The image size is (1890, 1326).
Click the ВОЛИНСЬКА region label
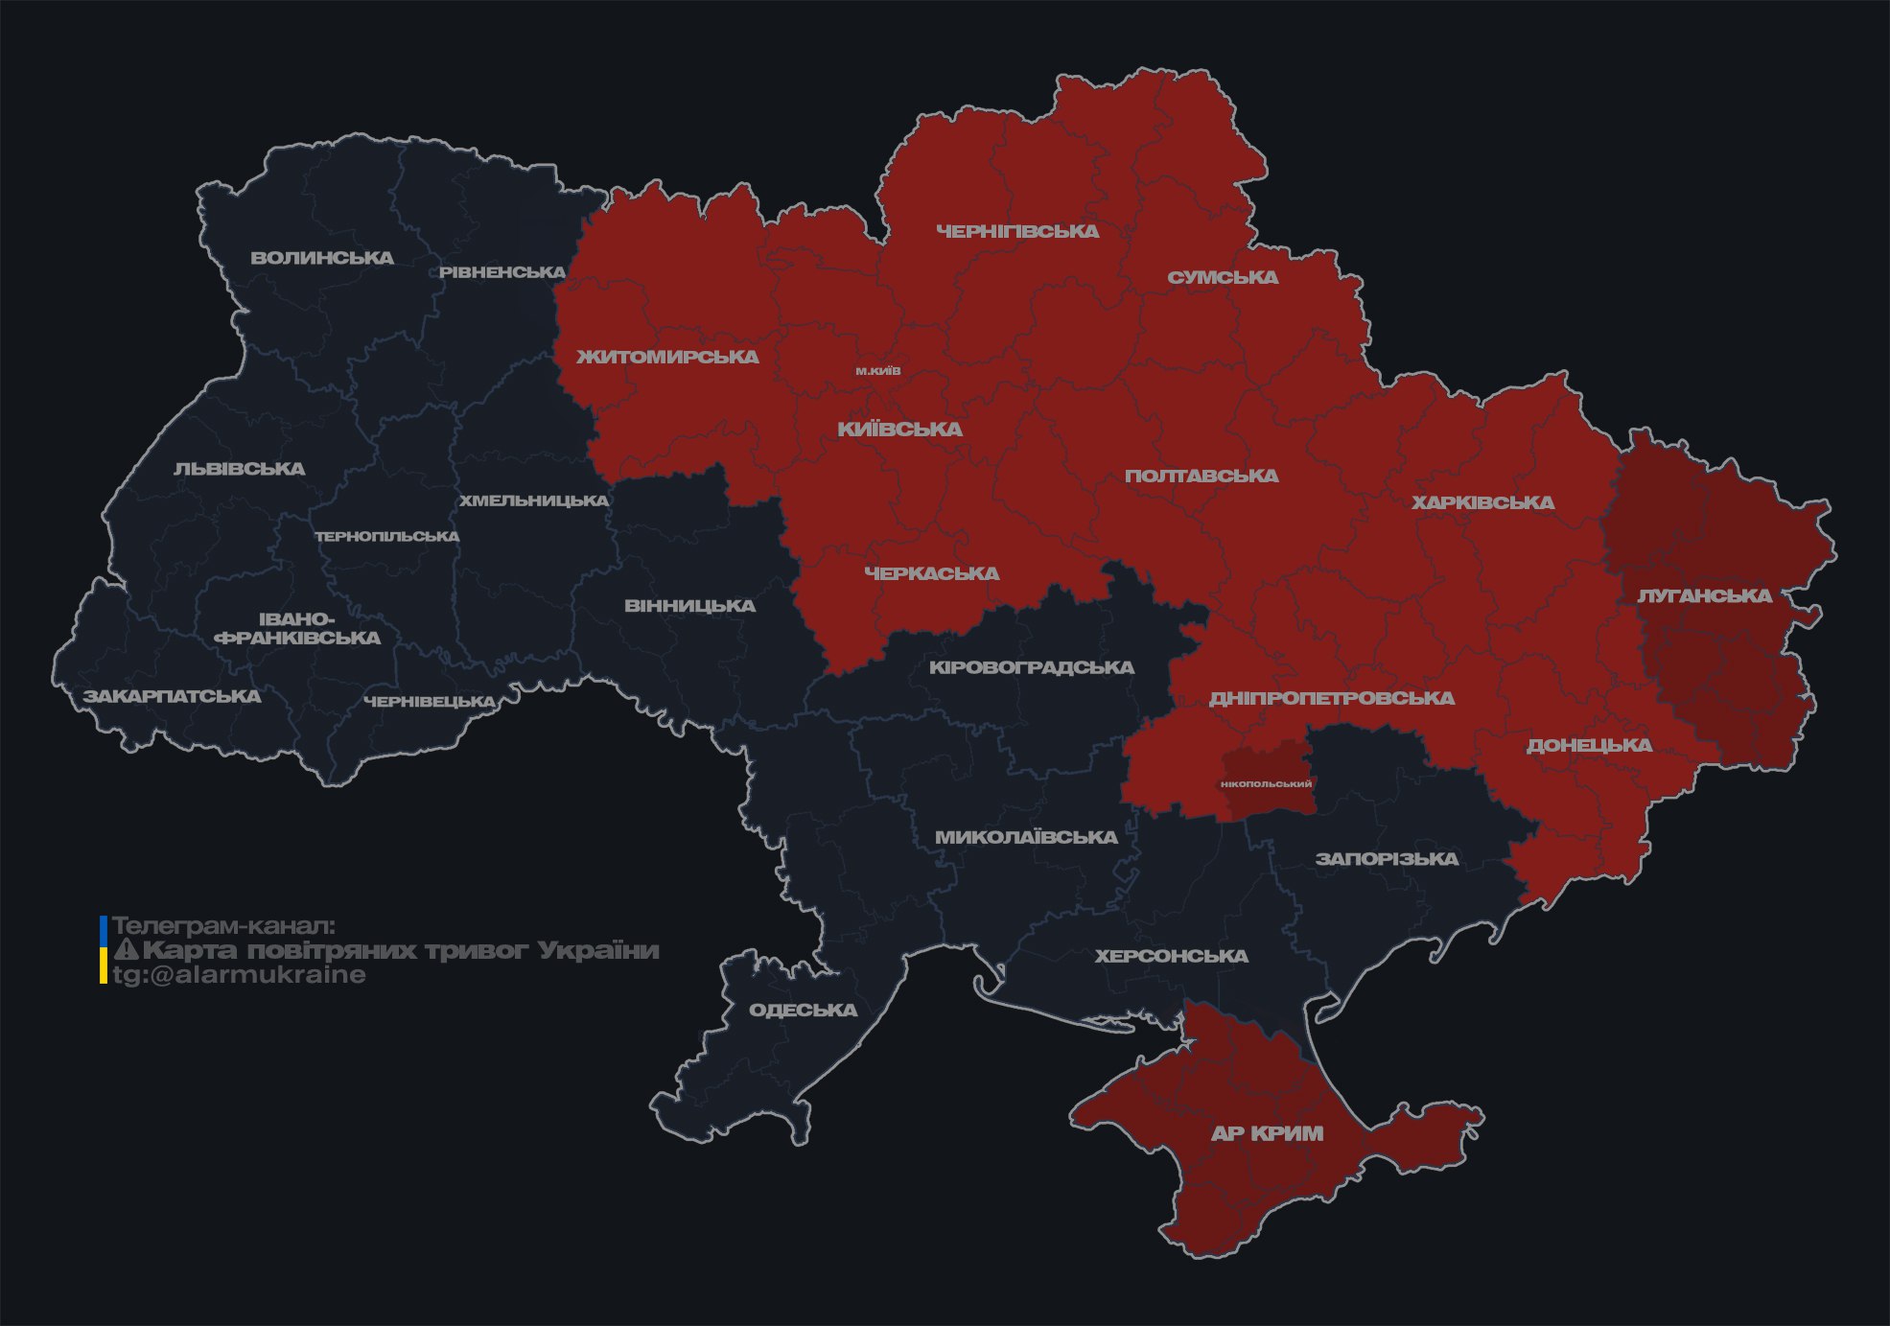[x=322, y=258]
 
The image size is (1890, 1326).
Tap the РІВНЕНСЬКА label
[x=502, y=272]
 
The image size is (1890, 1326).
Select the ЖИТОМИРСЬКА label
[x=667, y=358]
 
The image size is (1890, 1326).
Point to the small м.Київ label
[x=878, y=371]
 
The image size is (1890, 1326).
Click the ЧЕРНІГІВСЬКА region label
[x=1017, y=232]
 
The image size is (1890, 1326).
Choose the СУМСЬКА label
[x=1223, y=278]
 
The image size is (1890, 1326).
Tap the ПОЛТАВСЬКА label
[x=1202, y=477]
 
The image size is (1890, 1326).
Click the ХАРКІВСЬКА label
[x=1482, y=503]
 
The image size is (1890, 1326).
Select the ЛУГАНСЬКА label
[x=1704, y=596]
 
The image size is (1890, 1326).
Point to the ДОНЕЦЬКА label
[x=1589, y=746]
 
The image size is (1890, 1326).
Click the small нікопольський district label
[x=1266, y=784]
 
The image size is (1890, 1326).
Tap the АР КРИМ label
[x=1267, y=1134]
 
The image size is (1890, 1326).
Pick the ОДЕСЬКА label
[x=803, y=1011]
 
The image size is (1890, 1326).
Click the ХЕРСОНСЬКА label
[x=1171, y=957]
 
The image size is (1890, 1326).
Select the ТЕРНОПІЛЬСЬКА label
[x=387, y=537]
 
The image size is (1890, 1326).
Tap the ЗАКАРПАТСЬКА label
[x=172, y=697]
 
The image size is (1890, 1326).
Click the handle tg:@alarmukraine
[x=239, y=975]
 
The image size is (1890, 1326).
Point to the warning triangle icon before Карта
[x=126, y=951]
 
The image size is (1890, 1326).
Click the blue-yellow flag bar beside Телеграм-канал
[x=104, y=950]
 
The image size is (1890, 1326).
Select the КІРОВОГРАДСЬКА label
[x=1031, y=667]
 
